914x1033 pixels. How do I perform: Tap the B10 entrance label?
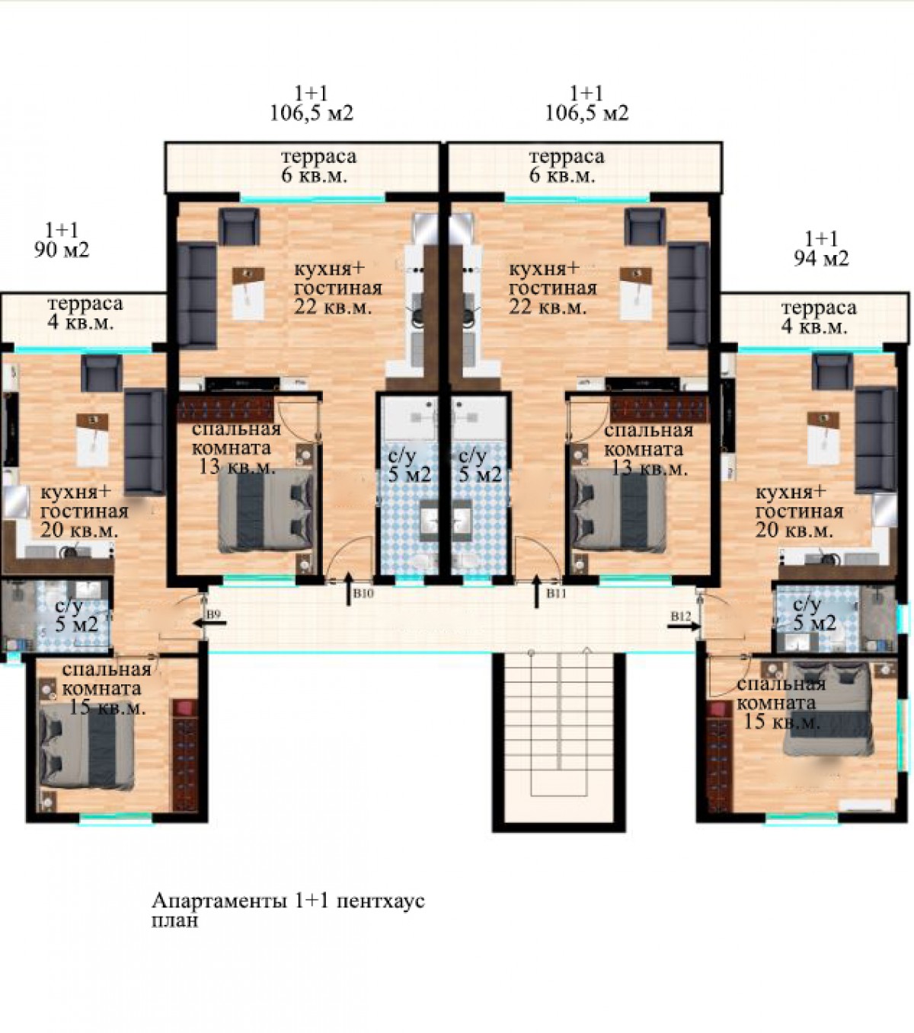(x=363, y=593)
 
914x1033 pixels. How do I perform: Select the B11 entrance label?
(x=556, y=593)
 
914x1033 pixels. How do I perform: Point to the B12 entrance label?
(x=681, y=617)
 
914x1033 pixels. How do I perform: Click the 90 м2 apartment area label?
(x=62, y=250)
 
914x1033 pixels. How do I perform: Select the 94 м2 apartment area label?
(x=821, y=259)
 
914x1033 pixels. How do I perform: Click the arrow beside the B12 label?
(x=684, y=626)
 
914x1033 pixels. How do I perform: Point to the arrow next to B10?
(x=349, y=589)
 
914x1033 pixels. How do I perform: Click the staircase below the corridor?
(x=559, y=739)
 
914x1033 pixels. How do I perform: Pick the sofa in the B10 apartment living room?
(x=197, y=295)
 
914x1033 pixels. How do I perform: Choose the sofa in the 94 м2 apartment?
(x=876, y=440)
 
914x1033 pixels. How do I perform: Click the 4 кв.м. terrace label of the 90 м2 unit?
(x=81, y=323)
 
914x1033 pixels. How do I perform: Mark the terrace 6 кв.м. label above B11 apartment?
(x=562, y=176)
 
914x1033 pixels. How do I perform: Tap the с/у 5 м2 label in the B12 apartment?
(x=814, y=614)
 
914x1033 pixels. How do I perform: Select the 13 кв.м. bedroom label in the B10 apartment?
(x=237, y=467)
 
